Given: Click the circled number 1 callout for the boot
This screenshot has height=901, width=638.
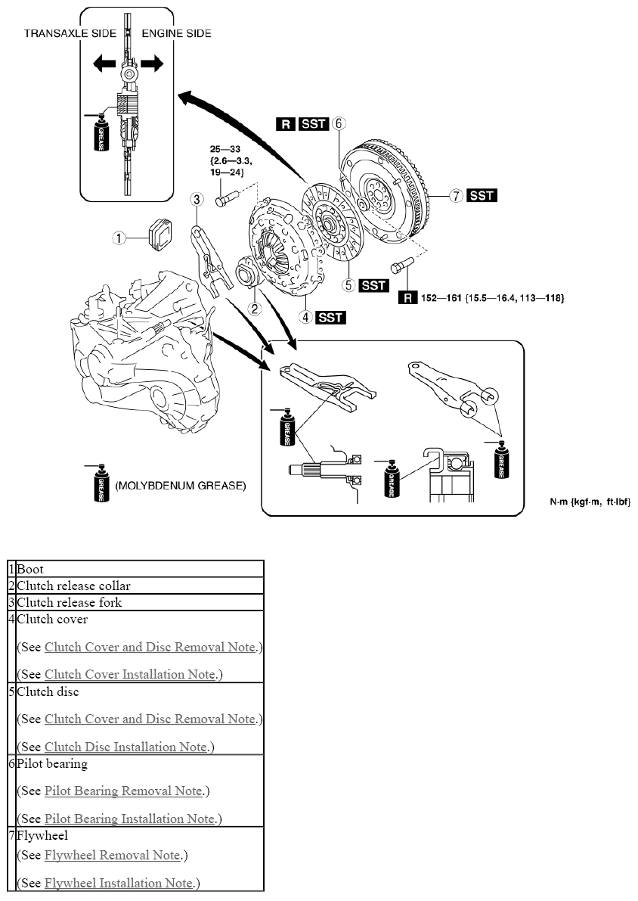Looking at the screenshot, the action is tap(119, 238).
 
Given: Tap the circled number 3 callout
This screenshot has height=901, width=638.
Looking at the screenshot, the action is tap(197, 199).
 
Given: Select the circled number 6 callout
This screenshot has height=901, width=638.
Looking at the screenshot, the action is tap(339, 123).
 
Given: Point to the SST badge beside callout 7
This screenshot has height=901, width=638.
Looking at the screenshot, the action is tap(482, 195).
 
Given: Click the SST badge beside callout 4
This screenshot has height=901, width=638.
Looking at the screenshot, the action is tap(331, 317).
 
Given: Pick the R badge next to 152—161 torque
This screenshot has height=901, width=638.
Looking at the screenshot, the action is tap(407, 297).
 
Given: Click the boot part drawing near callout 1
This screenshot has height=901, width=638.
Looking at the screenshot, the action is tap(159, 234).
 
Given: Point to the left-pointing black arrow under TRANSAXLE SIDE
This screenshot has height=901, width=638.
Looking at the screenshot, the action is tap(104, 63).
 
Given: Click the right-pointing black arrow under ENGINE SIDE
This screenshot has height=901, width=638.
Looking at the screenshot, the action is tap(152, 63).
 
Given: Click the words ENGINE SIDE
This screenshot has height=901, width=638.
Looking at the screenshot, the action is tap(176, 33).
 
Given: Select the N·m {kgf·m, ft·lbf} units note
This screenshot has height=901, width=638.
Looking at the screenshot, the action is tap(590, 502).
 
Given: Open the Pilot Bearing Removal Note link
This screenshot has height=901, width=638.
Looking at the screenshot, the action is tap(123, 791).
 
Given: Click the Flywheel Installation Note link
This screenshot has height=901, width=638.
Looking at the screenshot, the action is tap(118, 883).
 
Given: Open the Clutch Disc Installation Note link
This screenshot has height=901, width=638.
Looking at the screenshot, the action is tap(125, 747).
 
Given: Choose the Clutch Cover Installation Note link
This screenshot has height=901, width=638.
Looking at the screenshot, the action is tap(130, 674).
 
